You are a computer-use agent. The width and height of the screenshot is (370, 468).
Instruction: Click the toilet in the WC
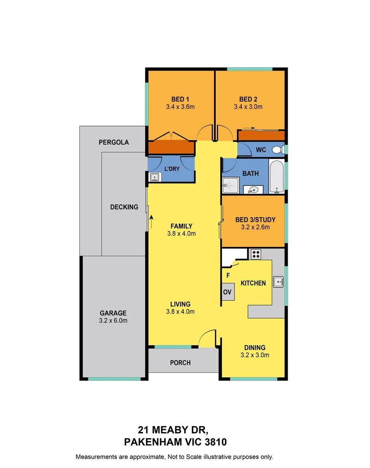pyautogui.click(x=277, y=150)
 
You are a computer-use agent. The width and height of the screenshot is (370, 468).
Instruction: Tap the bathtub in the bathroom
pyautogui.click(x=276, y=176)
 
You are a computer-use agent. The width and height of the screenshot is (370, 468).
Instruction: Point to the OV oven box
pyautogui.click(x=227, y=292)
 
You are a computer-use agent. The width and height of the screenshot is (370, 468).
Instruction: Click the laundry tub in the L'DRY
pyautogui.click(x=154, y=177)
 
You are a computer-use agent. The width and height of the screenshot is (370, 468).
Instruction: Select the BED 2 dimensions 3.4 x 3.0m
pyautogui.click(x=248, y=107)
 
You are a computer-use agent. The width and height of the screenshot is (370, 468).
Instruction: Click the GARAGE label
pyautogui.click(x=113, y=313)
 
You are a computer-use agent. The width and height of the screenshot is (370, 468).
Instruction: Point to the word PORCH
pyautogui.click(x=180, y=363)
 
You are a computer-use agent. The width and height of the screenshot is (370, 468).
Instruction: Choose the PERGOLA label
pyautogui.click(x=114, y=142)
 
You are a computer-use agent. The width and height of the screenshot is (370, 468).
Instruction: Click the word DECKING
pyautogui.click(x=124, y=207)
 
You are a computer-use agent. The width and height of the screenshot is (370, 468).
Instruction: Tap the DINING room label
pyautogui.click(x=254, y=348)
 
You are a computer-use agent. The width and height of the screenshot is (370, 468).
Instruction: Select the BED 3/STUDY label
pyautogui.click(x=255, y=219)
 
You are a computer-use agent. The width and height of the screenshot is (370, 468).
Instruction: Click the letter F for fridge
pyautogui.click(x=227, y=275)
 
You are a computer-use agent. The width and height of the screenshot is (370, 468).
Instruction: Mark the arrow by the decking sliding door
pyautogui.click(x=151, y=222)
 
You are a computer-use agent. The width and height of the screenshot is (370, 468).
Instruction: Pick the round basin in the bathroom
pyautogui.click(x=253, y=188)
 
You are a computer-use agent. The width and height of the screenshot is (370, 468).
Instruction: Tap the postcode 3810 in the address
pyautogui.click(x=212, y=442)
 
